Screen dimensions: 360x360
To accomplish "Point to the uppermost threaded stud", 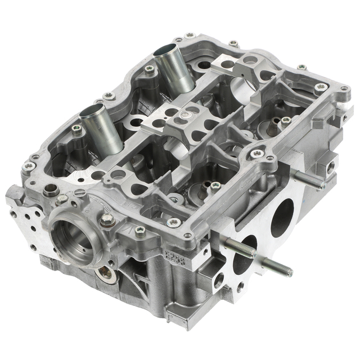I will [308, 180].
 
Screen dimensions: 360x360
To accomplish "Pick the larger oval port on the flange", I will [283, 217].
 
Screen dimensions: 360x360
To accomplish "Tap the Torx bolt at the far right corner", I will [322, 87].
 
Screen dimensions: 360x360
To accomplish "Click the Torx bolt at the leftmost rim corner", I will [25, 165].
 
